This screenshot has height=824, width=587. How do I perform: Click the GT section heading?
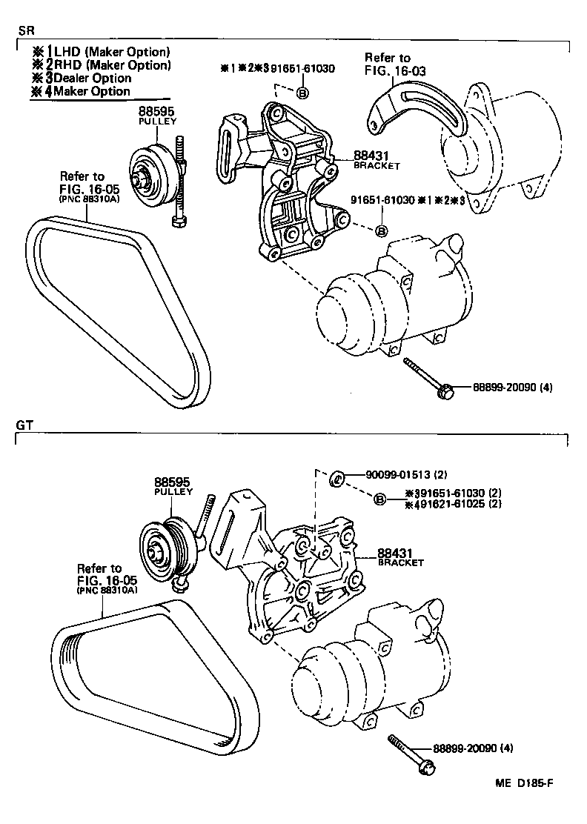pyautogui.click(x=24, y=425)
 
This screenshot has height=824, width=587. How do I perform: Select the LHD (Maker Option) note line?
pyautogui.click(x=101, y=52)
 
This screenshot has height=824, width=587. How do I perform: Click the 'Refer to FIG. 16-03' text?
pyautogui.click(x=391, y=64)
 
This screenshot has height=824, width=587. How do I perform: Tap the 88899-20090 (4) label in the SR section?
pyautogui.click(x=505, y=387)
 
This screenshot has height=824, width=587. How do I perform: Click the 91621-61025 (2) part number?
pyautogui.click(x=455, y=505)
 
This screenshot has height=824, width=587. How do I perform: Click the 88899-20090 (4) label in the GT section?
pyautogui.click(x=466, y=748)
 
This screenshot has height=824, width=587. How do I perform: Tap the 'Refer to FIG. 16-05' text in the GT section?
pyautogui.click(x=107, y=574)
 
